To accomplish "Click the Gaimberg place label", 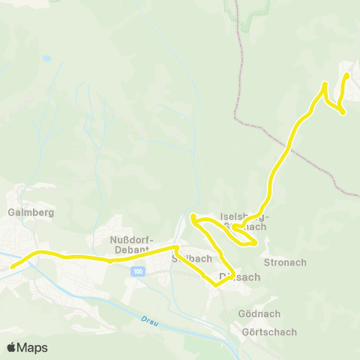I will tap(26, 212).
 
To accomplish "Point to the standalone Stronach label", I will tap(285, 262).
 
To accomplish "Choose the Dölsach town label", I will tap(239, 277).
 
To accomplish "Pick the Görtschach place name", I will tap(269, 332).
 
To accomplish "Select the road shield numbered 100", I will tap(136, 271).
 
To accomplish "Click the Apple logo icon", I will tap(11, 347).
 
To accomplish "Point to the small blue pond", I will tap(46, 58).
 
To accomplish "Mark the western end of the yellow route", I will tap(11, 266).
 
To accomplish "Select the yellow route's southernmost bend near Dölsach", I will tap(216, 285).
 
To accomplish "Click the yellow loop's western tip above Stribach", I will tap(193, 217).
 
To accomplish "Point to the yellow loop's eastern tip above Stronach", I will tap(256, 242).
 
